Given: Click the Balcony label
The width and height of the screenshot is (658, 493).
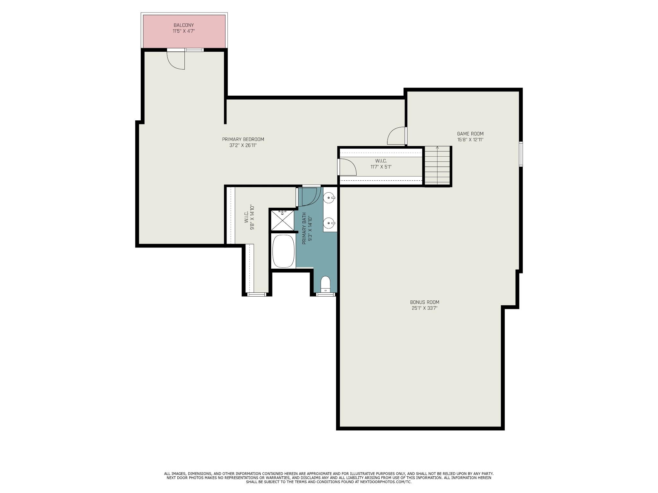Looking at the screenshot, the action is click(184, 25).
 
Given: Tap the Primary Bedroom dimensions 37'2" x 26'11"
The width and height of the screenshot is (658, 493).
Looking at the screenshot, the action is click(243, 145).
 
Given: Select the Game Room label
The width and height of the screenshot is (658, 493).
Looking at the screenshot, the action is click(470, 134).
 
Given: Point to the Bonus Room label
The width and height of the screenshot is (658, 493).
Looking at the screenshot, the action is click(424, 302).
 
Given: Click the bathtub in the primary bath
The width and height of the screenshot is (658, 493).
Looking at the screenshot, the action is click(284, 251).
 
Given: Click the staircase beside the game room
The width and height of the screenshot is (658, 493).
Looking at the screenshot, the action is click(438, 166).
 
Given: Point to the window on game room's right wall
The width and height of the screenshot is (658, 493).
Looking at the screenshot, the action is click(521, 154).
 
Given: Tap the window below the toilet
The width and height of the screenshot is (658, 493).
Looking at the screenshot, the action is click(325, 294).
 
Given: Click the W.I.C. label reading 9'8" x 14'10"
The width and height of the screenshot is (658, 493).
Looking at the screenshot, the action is click(249, 218).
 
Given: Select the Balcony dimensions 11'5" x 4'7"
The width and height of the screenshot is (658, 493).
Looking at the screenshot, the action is click(184, 31).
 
